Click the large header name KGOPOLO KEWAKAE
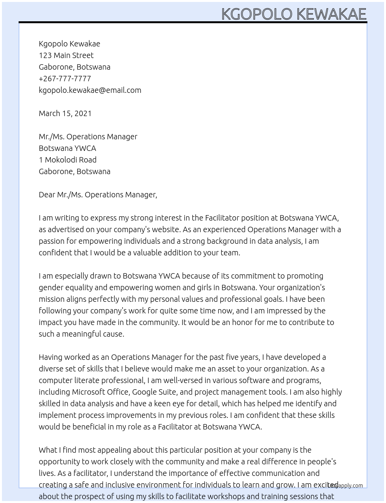pos(293,14)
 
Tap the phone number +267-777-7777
pos(65,79)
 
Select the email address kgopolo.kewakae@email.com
pos(90,90)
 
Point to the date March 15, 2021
pos(65,113)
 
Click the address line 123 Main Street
pos(66,55)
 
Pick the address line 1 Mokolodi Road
pos(67,160)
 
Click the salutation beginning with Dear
pos(98,195)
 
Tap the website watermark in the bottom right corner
pos(345,485)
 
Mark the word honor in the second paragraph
pos(242,322)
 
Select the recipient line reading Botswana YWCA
pos(67,148)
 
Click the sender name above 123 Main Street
pos(69,44)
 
